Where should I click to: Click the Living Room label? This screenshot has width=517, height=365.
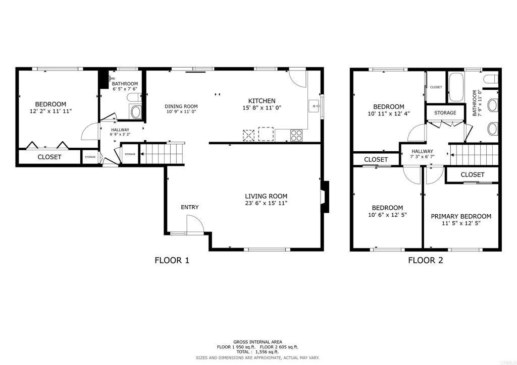pos(266,196)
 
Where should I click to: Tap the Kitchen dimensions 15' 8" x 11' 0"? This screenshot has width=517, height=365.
pos(262,107)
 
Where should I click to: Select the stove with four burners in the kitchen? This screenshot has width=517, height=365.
pos(296,135)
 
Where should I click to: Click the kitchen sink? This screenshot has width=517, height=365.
pos(314,106)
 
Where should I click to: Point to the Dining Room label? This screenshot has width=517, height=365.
pos(181,106)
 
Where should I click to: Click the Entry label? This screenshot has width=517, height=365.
pos(190,207)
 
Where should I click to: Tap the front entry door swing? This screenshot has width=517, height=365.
pos(194,224)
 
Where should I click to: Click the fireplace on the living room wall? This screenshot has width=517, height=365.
pos(325,197)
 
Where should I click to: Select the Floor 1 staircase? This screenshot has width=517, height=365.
pos(162,153)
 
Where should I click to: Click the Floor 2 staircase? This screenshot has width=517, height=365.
pos(474,154)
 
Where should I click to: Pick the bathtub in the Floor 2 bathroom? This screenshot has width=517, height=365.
pos(456,87)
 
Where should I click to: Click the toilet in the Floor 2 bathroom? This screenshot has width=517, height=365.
pos(491,79)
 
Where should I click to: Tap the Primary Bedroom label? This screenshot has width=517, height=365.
pos(461,216)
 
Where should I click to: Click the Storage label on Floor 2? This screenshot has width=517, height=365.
pos(445,112)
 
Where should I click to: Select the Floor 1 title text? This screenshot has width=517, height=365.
pos(172,260)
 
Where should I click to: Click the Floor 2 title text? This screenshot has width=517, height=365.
pos(425,260)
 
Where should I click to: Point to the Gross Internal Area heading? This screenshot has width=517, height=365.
pos(258,342)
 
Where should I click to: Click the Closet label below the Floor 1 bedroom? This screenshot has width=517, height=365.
pos(49,157)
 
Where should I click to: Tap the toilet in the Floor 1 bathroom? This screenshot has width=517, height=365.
pos(134,97)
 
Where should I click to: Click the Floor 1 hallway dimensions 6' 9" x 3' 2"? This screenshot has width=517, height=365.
pos(120,134)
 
